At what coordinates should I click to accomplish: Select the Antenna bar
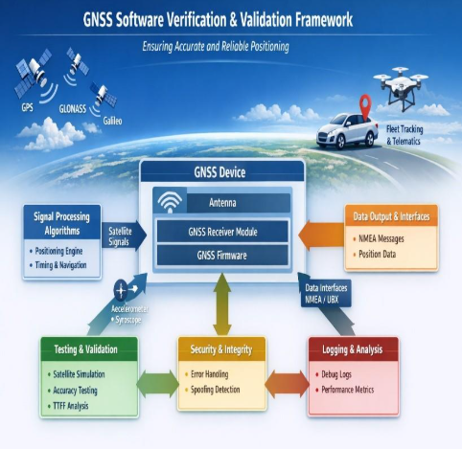coord(235,203)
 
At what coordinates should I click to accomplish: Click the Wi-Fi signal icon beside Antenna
coord(170,203)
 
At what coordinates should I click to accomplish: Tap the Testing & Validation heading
coord(84,349)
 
